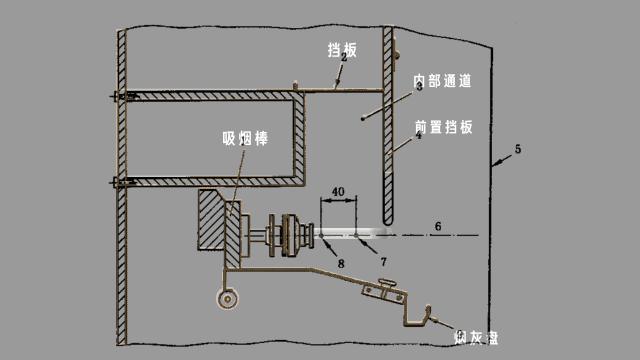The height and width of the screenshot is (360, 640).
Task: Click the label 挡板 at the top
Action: click(343, 48)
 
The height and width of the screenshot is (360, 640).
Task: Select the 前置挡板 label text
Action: click(444, 127)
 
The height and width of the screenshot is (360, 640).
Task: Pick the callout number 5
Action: click(517, 150)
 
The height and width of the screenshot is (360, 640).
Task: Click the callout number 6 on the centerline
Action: click(436, 226)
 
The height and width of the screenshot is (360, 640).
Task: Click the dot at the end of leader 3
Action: click(362, 118)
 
